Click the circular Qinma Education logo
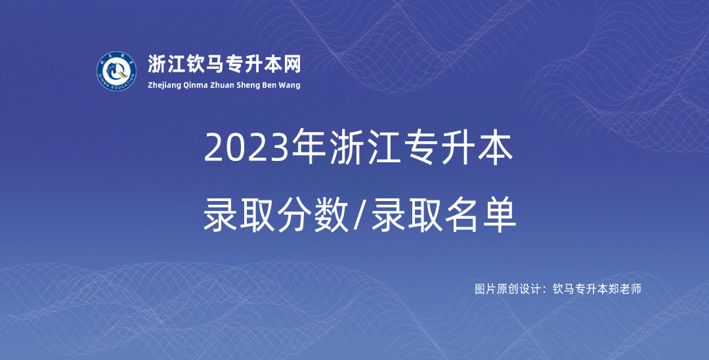(x=116, y=71)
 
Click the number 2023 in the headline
(x=246, y=148)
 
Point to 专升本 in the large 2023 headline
(x=459, y=147)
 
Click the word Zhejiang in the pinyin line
(x=165, y=85)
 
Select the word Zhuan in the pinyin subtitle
(x=223, y=85)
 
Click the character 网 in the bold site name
(x=292, y=64)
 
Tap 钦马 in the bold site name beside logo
(x=205, y=64)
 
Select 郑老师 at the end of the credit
(x=625, y=289)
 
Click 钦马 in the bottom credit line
(x=563, y=289)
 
